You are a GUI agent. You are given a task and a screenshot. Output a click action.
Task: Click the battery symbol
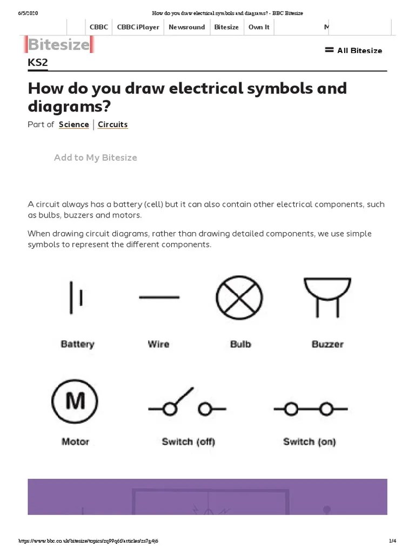[76, 298]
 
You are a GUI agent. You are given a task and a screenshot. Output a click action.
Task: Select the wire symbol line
[159, 297]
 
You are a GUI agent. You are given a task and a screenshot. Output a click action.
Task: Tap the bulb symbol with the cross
[239, 298]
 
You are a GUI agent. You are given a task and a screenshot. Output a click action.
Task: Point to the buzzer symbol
[327, 297]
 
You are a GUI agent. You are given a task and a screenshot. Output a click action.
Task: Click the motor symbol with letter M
[75, 401]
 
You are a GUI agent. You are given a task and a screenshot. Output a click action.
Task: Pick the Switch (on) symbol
[310, 409]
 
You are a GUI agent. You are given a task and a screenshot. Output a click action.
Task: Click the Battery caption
[77, 344]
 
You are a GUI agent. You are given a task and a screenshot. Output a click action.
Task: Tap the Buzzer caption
[327, 344]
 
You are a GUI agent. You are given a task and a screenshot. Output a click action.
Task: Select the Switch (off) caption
[188, 441]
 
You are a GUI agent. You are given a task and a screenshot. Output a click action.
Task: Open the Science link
[74, 124]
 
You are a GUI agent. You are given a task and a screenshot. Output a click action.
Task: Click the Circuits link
[113, 124]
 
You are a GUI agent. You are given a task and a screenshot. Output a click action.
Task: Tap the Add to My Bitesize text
[96, 157]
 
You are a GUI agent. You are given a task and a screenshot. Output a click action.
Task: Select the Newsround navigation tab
[186, 27]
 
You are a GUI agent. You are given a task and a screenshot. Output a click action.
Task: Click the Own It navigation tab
[259, 27]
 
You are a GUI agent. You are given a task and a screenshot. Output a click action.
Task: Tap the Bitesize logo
[59, 44]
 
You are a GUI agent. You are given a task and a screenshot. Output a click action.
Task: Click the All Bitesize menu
[353, 50]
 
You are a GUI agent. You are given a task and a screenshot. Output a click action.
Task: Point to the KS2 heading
[38, 62]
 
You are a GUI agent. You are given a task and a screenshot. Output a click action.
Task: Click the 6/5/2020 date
[28, 13]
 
